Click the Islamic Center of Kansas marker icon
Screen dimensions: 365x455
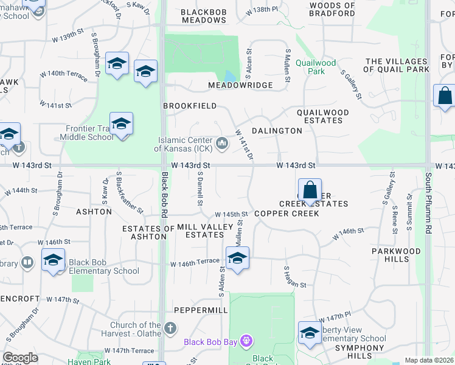[222, 144]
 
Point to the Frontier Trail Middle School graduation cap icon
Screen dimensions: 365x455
[122, 123]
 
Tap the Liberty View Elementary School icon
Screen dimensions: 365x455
[310, 333]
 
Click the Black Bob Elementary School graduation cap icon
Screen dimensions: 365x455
[53, 260]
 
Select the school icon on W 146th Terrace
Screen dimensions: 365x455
[237, 258]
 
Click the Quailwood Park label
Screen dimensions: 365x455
[316, 66]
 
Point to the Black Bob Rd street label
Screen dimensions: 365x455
[164, 195]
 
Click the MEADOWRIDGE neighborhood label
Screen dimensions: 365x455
[240, 85]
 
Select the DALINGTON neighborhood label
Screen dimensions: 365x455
[277, 130]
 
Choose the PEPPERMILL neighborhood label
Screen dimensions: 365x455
[196, 309]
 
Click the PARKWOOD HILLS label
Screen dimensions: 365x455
[396, 255]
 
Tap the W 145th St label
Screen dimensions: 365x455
[232, 214]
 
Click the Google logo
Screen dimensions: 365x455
[20, 357]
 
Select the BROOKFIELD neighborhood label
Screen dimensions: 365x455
[190, 105]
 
